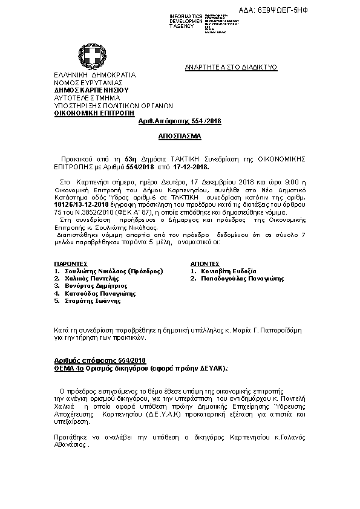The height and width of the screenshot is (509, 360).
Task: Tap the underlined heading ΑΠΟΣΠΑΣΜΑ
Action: point(180,137)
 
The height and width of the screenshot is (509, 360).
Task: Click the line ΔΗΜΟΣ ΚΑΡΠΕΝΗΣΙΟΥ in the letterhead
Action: point(91,89)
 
